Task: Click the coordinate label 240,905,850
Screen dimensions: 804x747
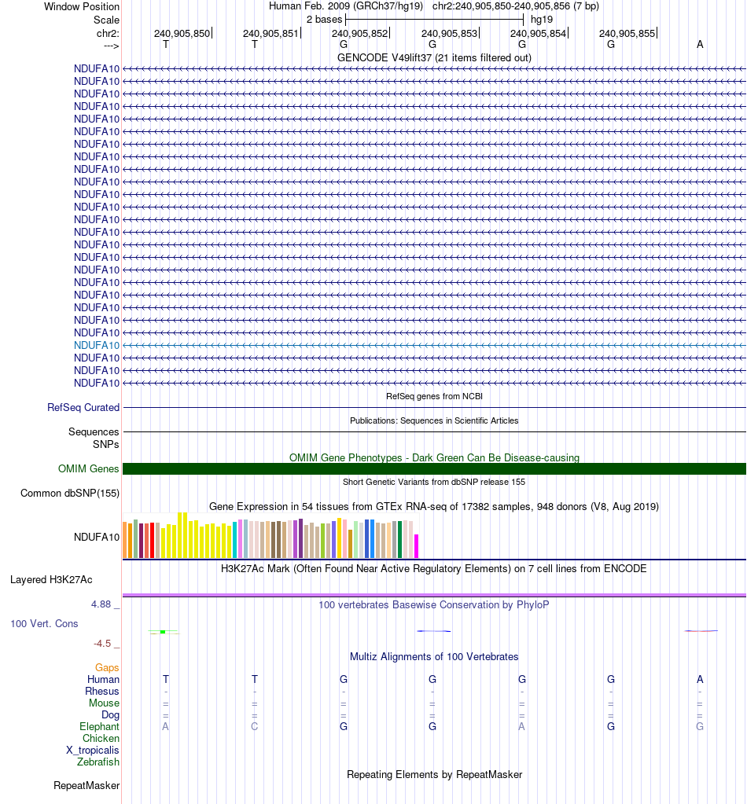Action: pos(182,34)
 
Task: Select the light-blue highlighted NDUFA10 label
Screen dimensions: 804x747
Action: pos(97,345)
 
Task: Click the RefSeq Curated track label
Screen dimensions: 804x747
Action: pos(83,408)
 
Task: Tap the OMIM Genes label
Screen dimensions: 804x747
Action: pos(89,469)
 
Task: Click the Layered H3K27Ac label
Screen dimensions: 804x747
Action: pos(51,580)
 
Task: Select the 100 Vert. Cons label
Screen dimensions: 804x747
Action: pos(44,623)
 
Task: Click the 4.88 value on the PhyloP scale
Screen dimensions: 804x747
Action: pos(102,604)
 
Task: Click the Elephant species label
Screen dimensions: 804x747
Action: pos(99,727)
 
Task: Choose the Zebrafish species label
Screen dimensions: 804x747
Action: pos(98,762)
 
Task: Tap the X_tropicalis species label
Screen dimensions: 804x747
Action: pos(93,750)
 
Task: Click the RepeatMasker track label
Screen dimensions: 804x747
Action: pos(86,785)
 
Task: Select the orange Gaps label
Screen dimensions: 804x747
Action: pos(107,667)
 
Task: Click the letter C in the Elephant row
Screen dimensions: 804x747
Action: pos(255,727)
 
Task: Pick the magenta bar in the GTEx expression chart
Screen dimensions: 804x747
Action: pos(417,545)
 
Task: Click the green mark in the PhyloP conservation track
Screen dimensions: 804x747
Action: pos(162,631)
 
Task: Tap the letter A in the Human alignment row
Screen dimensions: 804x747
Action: pos(700,679)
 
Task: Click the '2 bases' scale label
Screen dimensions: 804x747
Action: pos(324,19)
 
